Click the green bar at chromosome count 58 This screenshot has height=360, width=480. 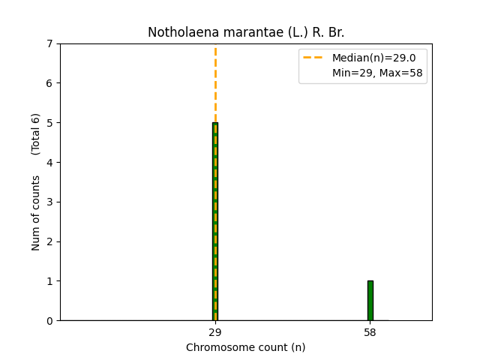click(370, 301)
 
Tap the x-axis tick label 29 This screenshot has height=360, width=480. click(215, 332)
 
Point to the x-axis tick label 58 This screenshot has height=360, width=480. click(370, 332)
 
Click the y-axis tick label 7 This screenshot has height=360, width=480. click(50, 43)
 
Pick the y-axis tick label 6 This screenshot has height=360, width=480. click(50, 83)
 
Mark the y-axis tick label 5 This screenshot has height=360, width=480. click(50, 123)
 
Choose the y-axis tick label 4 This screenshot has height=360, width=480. click(50, 163)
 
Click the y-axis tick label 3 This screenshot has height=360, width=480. click(50, 202)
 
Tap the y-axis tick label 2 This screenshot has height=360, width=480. click(50, 241)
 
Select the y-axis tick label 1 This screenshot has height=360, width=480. click(50, 281)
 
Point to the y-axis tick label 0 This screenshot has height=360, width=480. click(50, 321)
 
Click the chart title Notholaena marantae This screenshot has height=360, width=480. click(246, 32)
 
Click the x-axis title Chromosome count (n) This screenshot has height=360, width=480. click(246, 347)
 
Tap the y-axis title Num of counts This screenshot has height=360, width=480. click(36, 213)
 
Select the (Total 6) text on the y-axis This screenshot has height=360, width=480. click(36, 134)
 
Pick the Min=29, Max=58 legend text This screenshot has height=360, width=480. click(377, 73)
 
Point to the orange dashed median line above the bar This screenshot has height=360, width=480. click(215, 82)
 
